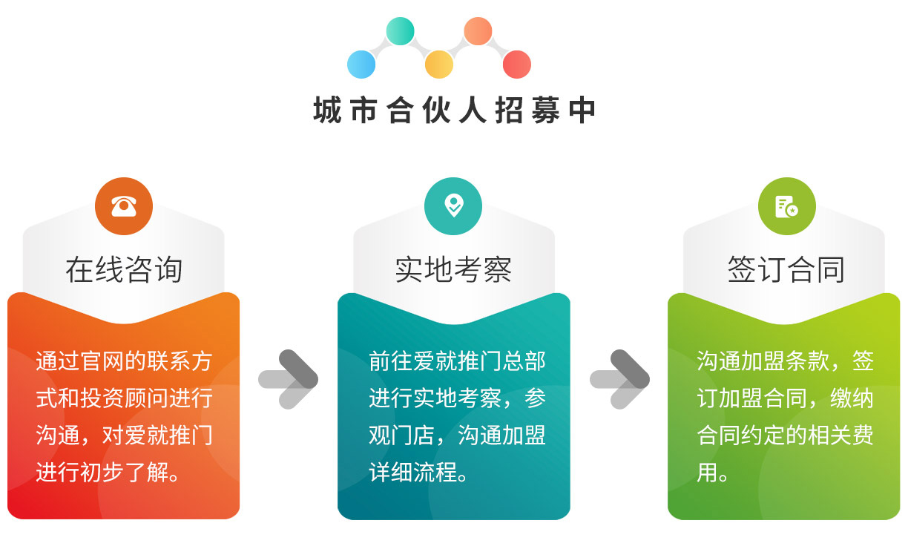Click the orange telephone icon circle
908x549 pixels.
[124, 206]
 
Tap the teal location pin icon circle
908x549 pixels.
[453, 206]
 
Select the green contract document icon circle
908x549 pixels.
[787, 206]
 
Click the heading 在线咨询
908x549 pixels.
[124, 269]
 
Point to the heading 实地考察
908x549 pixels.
[453, 269]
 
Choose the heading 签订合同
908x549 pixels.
[786, 269]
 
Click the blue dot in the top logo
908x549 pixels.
[361, 64]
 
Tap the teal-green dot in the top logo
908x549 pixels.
[400, 31]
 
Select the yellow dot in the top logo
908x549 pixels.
[439, 64]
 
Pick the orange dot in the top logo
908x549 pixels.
[478, 31]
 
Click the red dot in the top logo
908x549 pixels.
[517, 64]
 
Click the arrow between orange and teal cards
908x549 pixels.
[289, 380]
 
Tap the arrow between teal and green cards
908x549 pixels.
[619, 380]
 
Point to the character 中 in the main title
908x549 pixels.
[582, 110]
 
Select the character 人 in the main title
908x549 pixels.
[473, 110]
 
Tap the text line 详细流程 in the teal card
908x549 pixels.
[418, 473]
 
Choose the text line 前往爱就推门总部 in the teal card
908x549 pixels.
[457, 361]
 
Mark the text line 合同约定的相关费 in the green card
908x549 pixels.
[785, 435]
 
